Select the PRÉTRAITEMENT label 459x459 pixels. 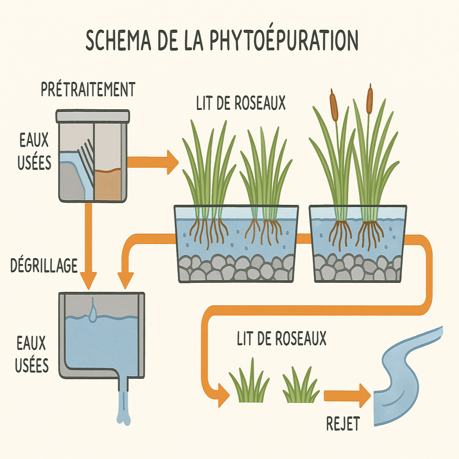(88, 89)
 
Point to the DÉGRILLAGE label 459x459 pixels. (44, 265)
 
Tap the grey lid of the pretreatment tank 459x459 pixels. (93, 116)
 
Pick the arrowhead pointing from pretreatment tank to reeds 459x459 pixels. (172, 162)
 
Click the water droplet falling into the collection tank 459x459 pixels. (92, 313)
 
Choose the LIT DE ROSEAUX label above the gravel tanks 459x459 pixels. (240, 103)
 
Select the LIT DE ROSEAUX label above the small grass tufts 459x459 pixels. (281, 339)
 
